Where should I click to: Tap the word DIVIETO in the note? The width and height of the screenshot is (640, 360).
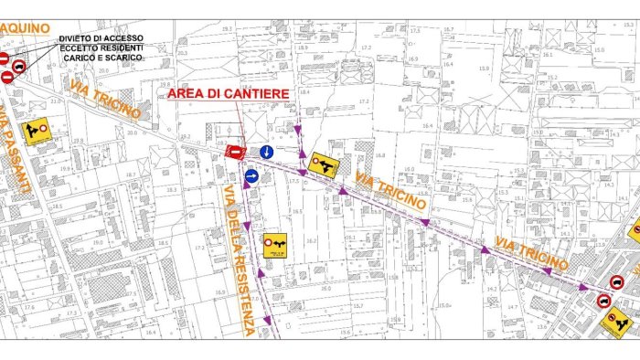(x=76, y=37)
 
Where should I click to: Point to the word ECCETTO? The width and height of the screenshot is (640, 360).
(x=79, y=48)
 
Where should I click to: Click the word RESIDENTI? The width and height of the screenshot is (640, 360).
(x=122, y=48)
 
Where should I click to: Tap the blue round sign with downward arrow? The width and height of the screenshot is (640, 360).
(x=266, y=151)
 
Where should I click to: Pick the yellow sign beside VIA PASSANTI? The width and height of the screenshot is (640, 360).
(x=37, y=132)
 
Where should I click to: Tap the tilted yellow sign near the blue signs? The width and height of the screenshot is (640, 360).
(x=324, y=164)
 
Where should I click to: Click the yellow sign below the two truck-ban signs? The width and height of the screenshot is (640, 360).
(x=619, y=321)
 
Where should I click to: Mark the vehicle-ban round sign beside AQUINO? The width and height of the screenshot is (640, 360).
(x=17, y=65)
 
